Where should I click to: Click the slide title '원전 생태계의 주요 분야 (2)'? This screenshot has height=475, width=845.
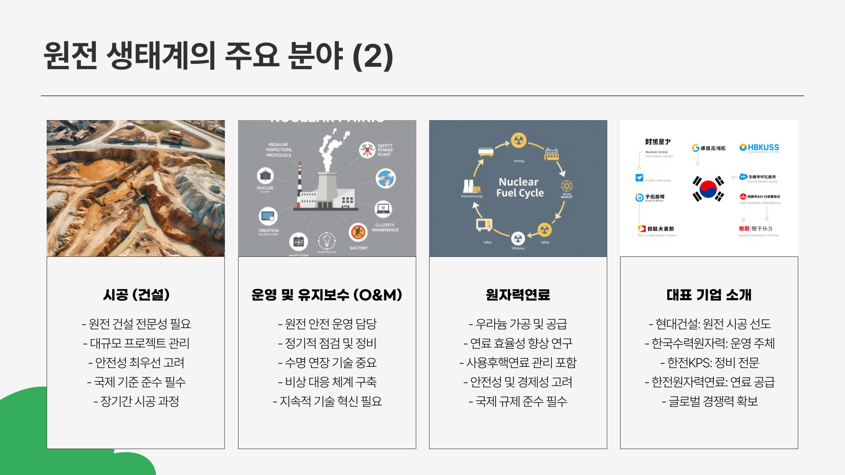(x=218, y=56)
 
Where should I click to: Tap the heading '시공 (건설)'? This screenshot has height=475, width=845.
(x=136, y=295)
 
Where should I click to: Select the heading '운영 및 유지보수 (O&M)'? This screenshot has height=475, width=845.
(x=327, y=295)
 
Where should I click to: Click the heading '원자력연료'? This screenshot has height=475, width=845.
(x=518, y=295)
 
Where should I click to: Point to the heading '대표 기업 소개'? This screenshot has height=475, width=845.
(x=709, y=295)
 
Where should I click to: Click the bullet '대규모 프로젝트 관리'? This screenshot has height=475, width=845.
(x=136, y=343)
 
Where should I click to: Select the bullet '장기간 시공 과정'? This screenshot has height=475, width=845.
(x=136, y=401)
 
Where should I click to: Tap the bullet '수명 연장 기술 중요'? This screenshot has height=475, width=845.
(x=327, y=362)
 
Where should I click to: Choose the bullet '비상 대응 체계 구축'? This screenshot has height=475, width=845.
(x=327, y=382)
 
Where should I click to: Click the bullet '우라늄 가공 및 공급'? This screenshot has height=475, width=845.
(x=518, y=324)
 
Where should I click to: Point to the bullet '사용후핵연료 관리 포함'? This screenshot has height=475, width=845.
(x=518, y=362)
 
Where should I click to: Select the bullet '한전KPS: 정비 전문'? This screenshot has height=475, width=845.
(x=709, y=362)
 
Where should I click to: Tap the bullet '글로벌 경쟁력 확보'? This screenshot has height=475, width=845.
(x=709, y=401)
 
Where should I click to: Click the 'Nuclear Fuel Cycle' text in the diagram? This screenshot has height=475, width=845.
(x=519, y=187)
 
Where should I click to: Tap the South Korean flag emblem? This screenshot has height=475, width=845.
(x=708, y=189)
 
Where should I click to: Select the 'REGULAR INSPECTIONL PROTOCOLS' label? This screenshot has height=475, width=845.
(x=279, y=150)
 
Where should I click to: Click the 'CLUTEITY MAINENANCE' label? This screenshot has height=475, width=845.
(x=385, y=227)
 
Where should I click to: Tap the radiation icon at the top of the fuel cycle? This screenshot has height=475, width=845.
(x=519, y=141)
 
